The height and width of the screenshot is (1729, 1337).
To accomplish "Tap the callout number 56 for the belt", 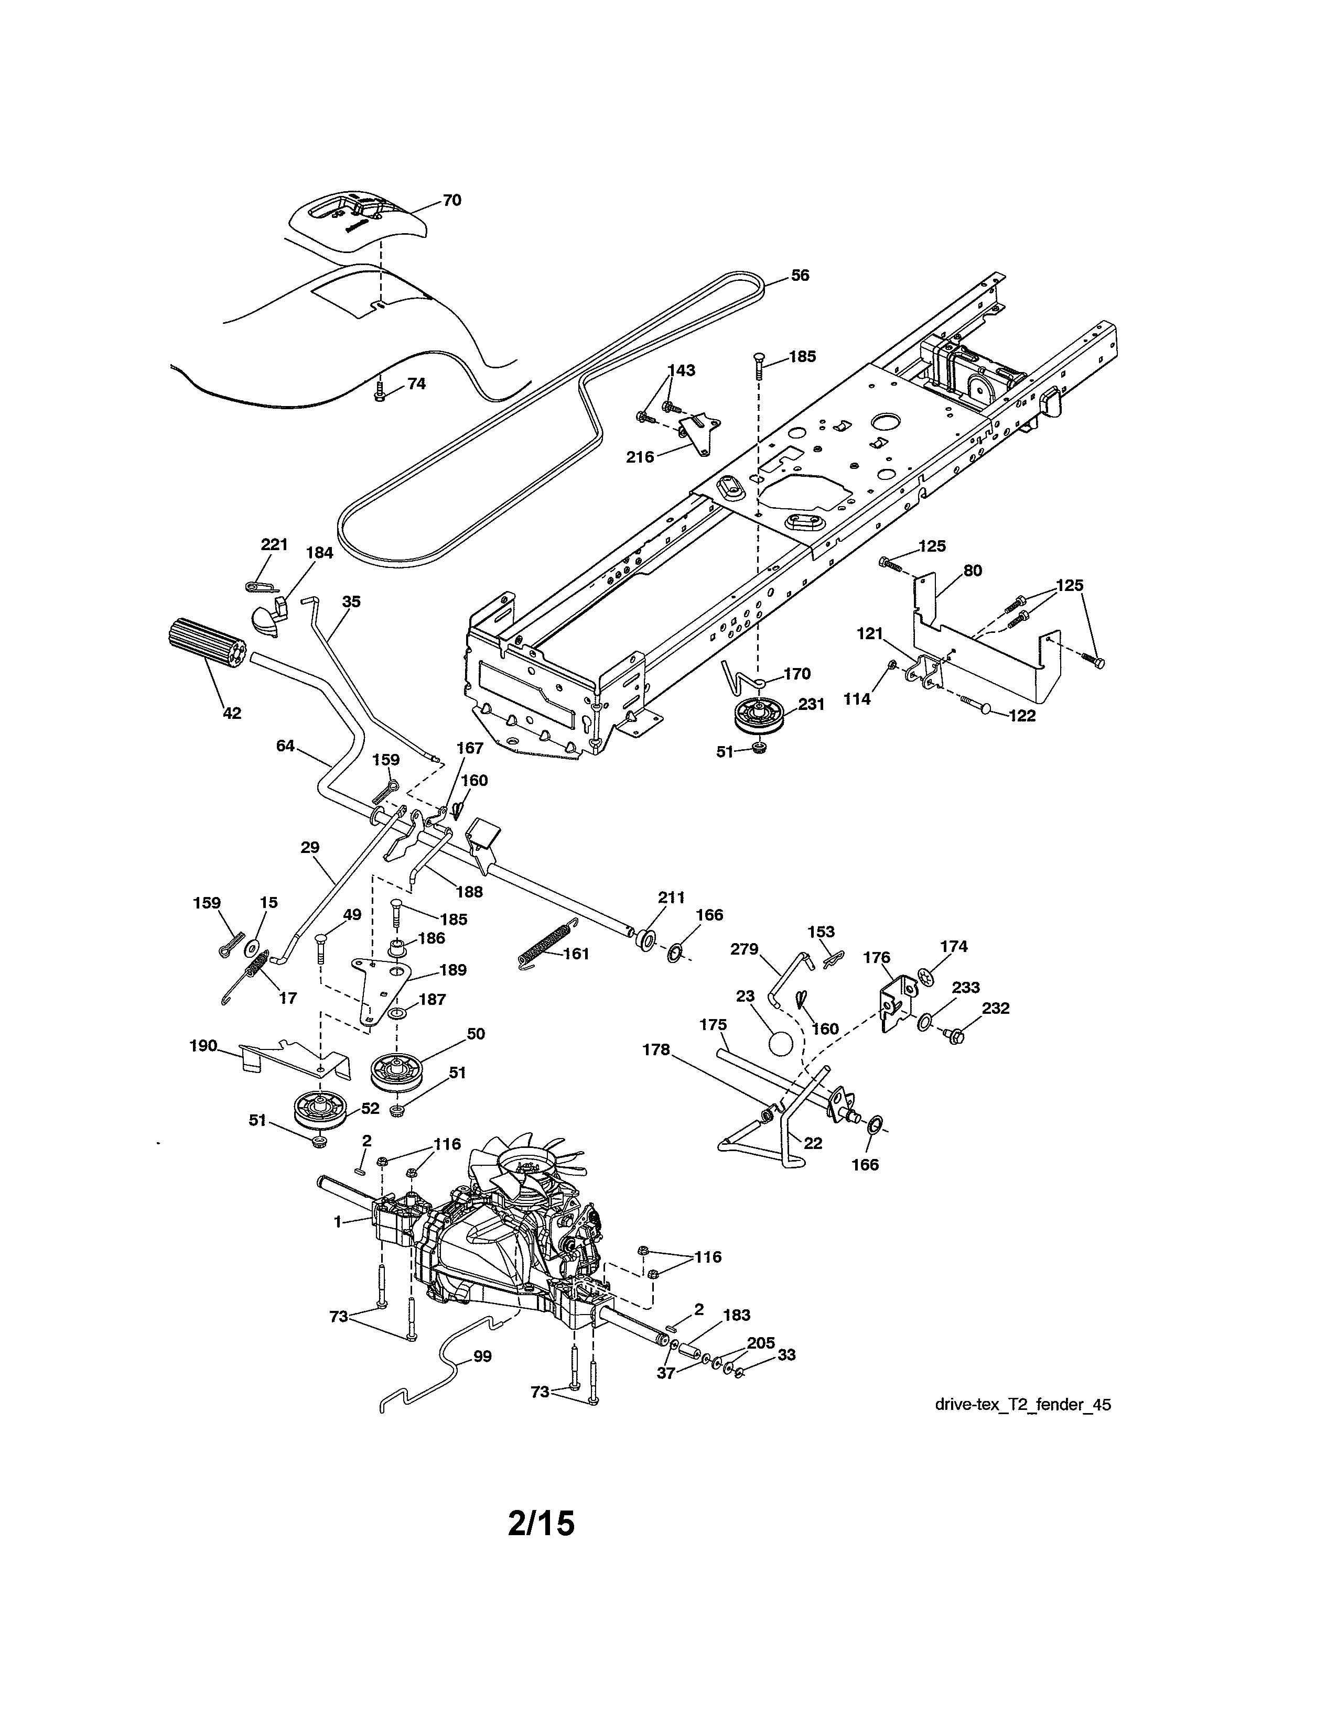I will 800,276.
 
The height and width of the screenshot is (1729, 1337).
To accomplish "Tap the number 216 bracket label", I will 640,457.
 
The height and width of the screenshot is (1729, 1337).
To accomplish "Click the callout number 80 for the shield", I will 972,570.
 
